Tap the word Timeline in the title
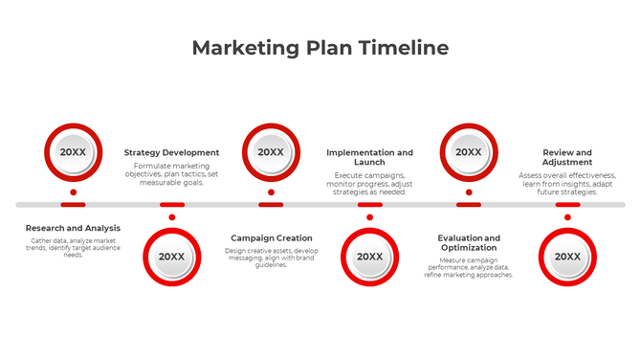[402, 48]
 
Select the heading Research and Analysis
[73, 228]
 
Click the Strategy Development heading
[171, 152]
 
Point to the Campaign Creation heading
[272, 237]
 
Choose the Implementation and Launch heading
[369, 157]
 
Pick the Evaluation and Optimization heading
[469, 242]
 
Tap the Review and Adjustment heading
[567, 157]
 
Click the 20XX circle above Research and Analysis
[73, 151]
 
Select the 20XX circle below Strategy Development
[172, 257]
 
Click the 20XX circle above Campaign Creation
[271, 151]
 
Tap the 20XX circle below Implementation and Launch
[369, 257]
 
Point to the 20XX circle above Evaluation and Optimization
[469, 151]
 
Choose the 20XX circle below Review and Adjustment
[567, 257]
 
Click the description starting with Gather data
[73, 247]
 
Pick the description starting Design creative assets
[272, 257]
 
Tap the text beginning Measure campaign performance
[469, 266]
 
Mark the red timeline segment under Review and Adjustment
[567, 204]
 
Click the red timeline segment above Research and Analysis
[73, 204]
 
